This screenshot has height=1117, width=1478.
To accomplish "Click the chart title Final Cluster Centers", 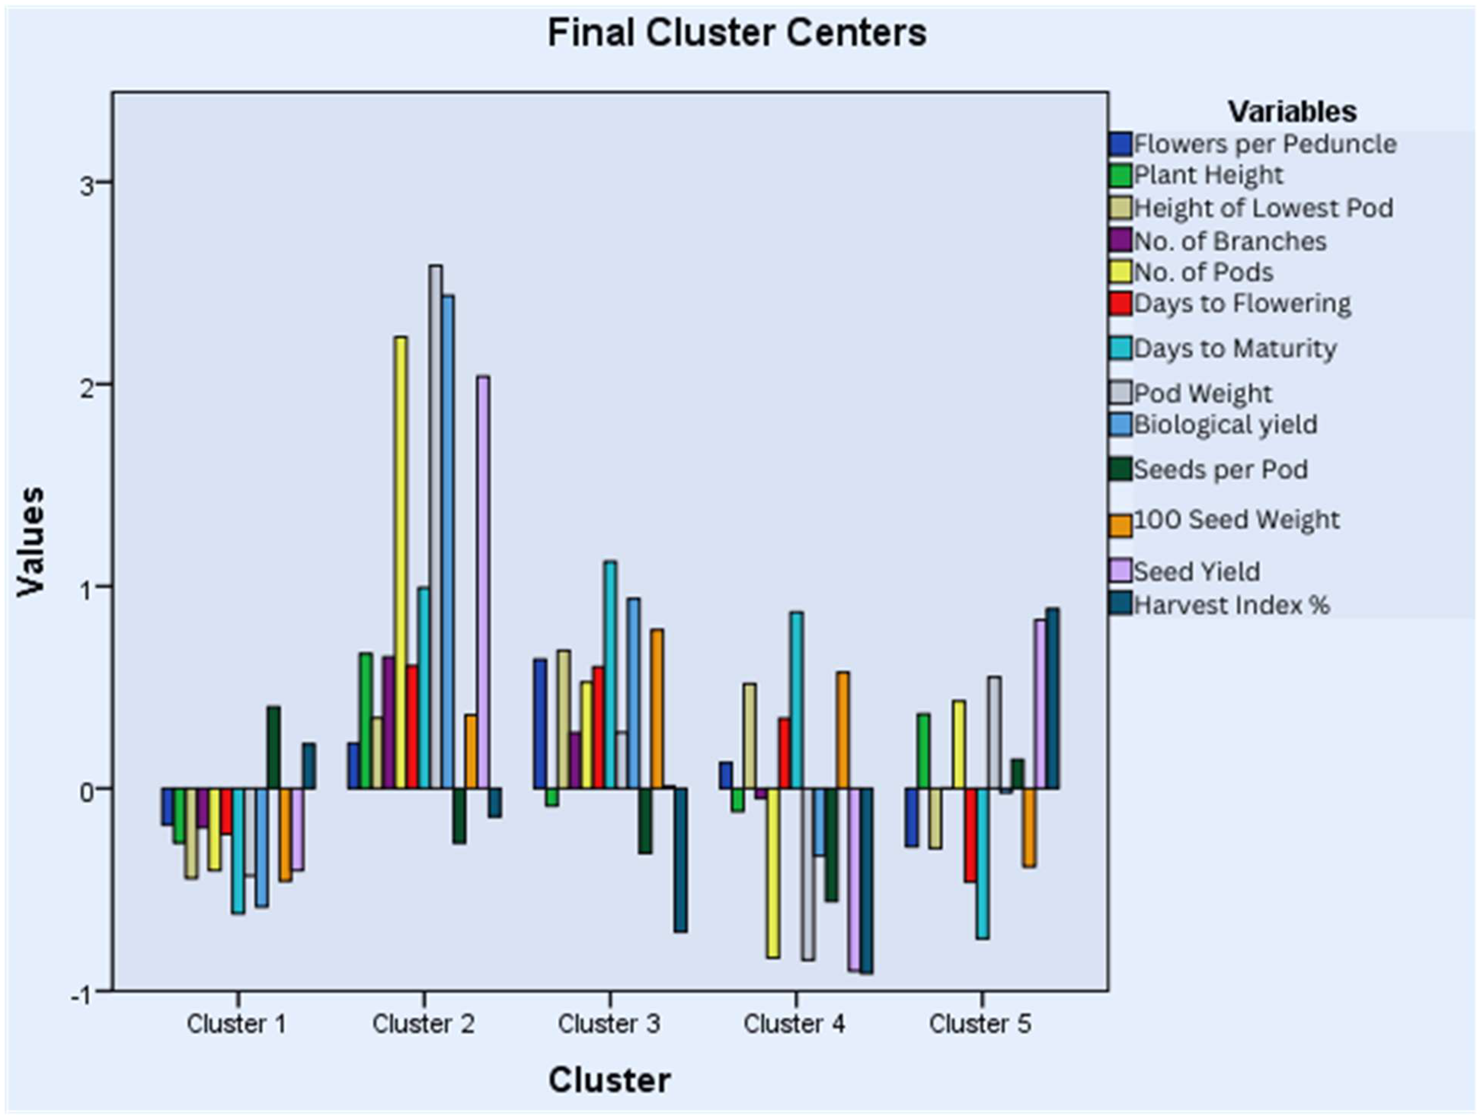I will coord(737,33).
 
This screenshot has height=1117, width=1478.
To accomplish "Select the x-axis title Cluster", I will coord(609,1080).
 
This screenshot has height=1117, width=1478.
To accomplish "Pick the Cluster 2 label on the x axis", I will coord(423,1023).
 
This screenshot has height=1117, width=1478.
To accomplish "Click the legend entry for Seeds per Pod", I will coord(1220,469).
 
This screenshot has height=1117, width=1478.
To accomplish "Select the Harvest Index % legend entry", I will coord(1232,605).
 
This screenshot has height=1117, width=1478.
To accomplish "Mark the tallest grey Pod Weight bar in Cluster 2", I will coord(436,527).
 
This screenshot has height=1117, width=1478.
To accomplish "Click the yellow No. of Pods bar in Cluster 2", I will coord(400,562).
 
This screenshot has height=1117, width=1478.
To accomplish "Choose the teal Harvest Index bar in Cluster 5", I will coord(1052,699).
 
